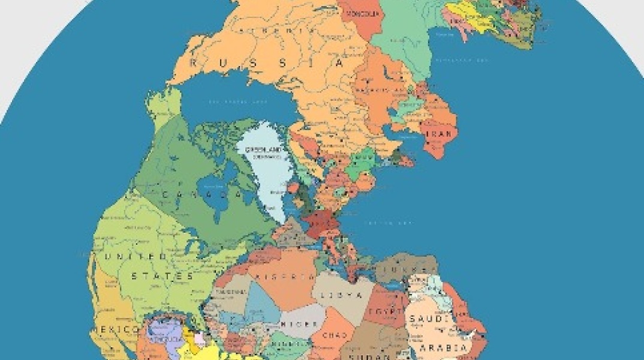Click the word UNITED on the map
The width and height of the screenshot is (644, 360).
(136, 257)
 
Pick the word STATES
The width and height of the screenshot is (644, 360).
(162, 276)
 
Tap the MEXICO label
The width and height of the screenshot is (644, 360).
(113, 329)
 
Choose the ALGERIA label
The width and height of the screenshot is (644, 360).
(285, 277)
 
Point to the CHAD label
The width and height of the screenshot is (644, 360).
(335, 335)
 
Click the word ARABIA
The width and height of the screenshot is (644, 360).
(444, 347)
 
